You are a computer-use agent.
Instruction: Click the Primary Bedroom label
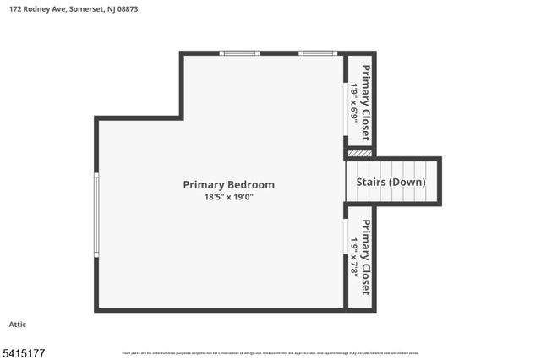tap(228, 184)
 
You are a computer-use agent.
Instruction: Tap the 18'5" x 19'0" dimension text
tap(228, 197)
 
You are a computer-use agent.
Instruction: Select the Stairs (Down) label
tap(391, 182)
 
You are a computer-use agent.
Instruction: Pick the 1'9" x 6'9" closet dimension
tap(353, 101)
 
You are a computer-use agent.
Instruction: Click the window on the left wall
tap(96, 215)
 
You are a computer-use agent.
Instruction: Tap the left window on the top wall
tap(239, 53)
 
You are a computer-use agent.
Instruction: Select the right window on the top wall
tap(318, 53)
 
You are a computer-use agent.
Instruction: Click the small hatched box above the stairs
tap(359, 154)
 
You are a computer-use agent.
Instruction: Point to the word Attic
tap(18, 324)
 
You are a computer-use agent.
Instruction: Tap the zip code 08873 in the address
tap(127, 8)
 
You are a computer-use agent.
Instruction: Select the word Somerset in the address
tap(80, 8)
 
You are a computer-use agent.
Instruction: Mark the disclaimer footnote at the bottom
tap(270, 353)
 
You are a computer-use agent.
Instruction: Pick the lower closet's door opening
tap(345, 245)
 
